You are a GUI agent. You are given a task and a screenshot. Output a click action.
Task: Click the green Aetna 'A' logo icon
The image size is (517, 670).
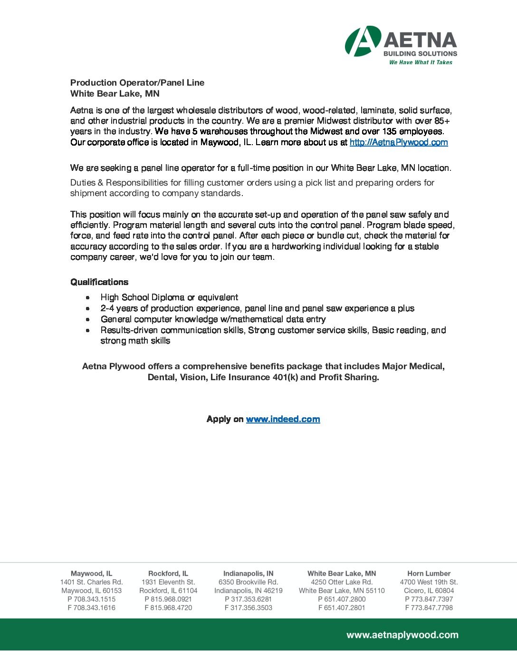point(363,41)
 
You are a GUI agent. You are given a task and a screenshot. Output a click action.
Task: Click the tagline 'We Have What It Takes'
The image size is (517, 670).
point(421,62)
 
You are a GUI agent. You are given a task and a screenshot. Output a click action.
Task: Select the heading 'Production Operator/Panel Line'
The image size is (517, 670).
point(137,83)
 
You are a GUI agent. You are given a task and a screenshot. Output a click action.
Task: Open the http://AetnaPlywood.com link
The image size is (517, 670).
point(399,142)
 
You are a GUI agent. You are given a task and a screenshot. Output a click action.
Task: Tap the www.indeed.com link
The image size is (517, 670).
point(283,419)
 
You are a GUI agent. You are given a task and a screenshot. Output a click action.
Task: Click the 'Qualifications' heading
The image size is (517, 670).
point(99,282)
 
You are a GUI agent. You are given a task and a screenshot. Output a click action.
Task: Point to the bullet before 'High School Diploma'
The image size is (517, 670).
point(88,297)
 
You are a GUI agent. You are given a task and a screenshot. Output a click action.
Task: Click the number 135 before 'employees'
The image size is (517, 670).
point(389,131)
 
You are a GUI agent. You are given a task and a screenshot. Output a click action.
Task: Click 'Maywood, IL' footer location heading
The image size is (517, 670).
point(91,573)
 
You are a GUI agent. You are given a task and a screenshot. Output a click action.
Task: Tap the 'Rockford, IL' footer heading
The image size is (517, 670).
point(168,573)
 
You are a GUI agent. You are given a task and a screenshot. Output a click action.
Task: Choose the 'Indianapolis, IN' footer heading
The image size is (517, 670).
point(248,573)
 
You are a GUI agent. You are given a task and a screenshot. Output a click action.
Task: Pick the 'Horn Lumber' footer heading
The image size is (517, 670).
point(429,573)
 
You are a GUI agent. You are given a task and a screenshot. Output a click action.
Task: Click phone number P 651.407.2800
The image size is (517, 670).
point(342,599)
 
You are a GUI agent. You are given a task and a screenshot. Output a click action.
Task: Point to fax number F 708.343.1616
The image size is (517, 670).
point(91,608)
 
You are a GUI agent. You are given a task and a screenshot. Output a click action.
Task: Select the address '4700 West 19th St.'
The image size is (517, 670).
point(429,582)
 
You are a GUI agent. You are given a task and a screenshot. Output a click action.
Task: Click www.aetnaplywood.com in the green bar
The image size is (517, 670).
point(402,635)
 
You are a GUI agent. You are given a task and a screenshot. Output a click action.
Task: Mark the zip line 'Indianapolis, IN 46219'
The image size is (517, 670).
point(248,591)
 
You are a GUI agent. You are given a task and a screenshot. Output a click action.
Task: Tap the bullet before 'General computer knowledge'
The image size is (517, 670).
point(88,319)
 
